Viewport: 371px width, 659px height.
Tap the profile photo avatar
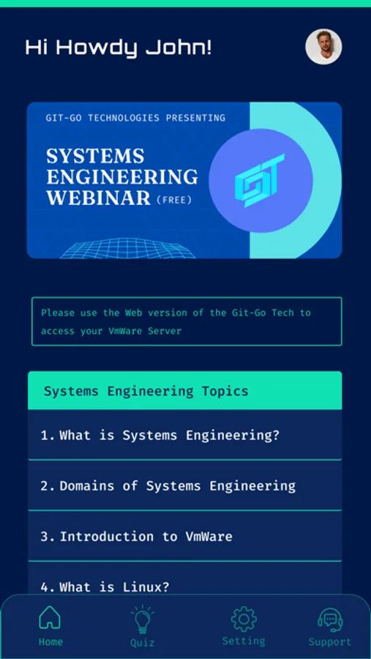pos(323,47)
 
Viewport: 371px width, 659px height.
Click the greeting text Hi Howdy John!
pos(119,48)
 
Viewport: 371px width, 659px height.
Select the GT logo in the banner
pos(260,180)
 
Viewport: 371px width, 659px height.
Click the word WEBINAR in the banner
pos(98,198)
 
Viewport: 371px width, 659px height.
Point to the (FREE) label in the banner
pos(174,200)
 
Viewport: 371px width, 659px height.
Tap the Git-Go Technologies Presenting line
pos(135,118)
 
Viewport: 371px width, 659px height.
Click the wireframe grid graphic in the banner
pos(127,248)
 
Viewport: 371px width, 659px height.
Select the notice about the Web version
pos(187,321)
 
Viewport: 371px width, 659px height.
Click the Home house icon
pos(50,617)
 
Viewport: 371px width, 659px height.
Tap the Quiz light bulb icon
pos(143,619)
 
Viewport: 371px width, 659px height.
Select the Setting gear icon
pos(244,619)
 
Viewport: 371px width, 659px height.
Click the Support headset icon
pos(330,620)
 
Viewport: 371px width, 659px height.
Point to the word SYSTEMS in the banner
pos(95,157)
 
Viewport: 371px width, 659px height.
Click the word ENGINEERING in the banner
pos(122,177)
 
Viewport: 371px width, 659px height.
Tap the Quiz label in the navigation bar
pos(142,643)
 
